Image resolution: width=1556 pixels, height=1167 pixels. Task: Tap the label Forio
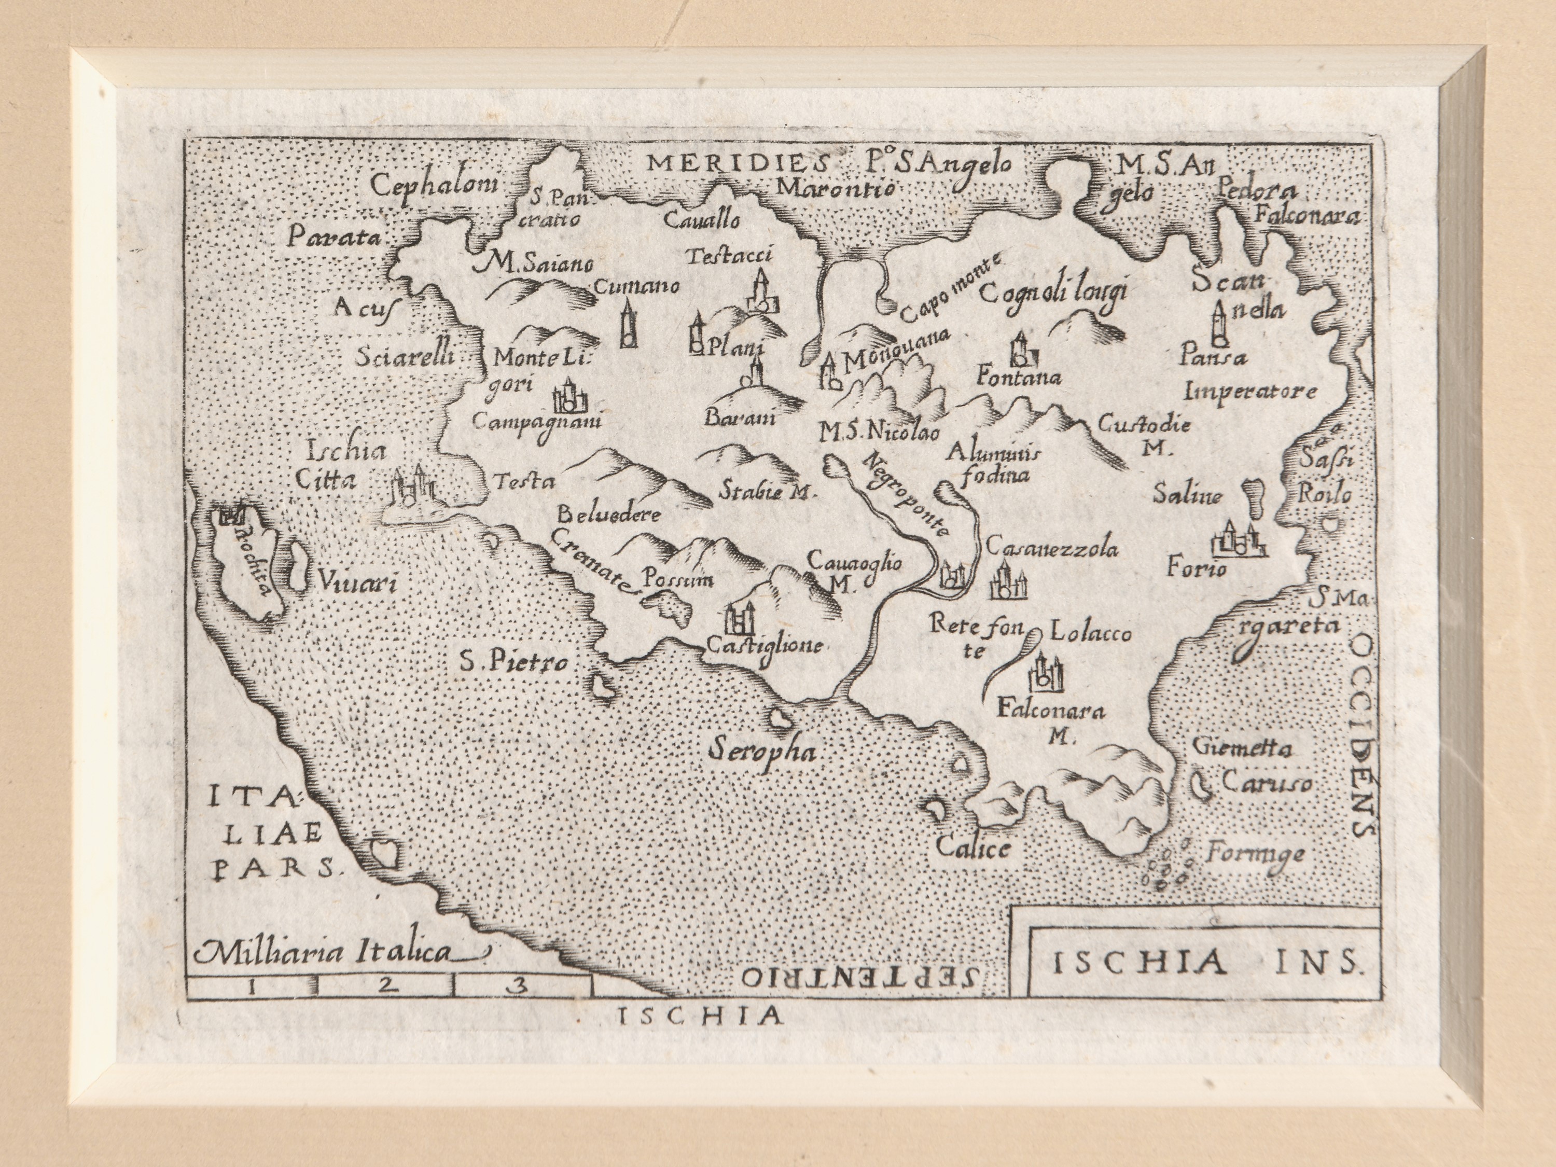click(1196, 567)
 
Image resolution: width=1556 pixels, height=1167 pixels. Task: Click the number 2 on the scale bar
click(384, 986)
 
